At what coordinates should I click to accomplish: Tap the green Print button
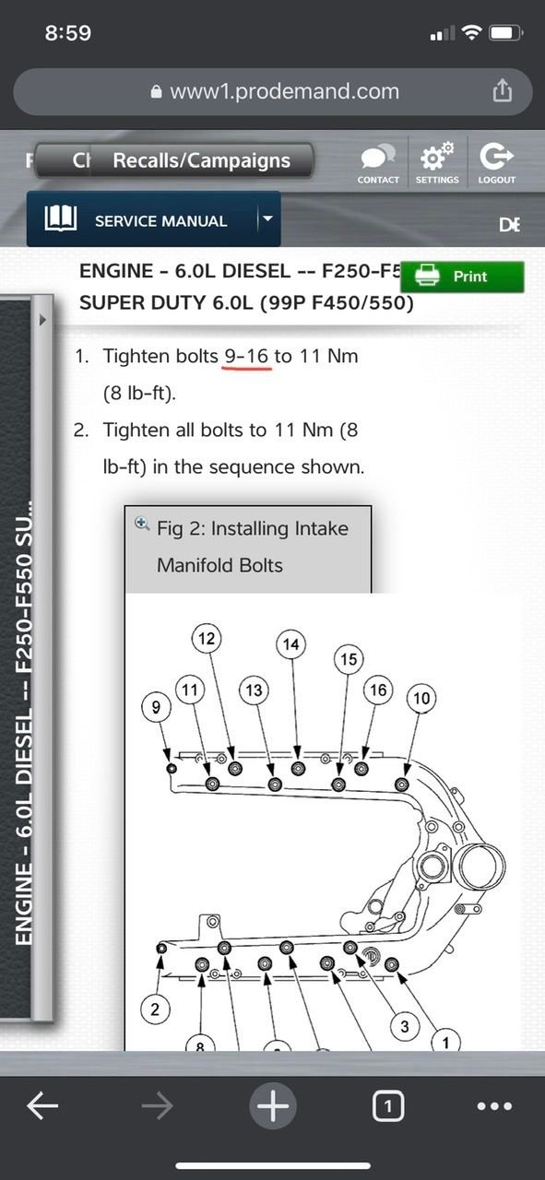coord(461,277)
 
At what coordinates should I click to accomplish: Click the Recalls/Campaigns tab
coord(201,160)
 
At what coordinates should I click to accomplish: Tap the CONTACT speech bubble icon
coord(378,157)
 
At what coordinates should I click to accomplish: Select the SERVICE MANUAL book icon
coord(61,219)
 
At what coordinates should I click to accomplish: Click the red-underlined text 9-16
coord(247,356)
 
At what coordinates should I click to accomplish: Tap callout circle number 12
coord(207,638)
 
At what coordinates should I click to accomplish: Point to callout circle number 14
coord(291,644)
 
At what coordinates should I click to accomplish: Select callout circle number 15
coord(348,659)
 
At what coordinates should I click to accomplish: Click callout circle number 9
coord(156,708)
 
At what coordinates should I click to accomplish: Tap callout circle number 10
coord(421,699)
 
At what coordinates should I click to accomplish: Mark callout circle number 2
coord(155,1009)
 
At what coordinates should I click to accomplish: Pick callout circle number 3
coord(404,1025)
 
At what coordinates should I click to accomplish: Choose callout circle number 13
coord(255,690)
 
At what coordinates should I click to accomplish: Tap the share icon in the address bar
coord(501,90)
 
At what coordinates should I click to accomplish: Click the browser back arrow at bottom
coord(43,1106)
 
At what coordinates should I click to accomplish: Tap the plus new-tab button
coord(272,1105)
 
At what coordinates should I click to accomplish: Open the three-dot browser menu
coord(494,1106)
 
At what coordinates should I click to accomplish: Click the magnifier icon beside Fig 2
coord(142,524)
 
